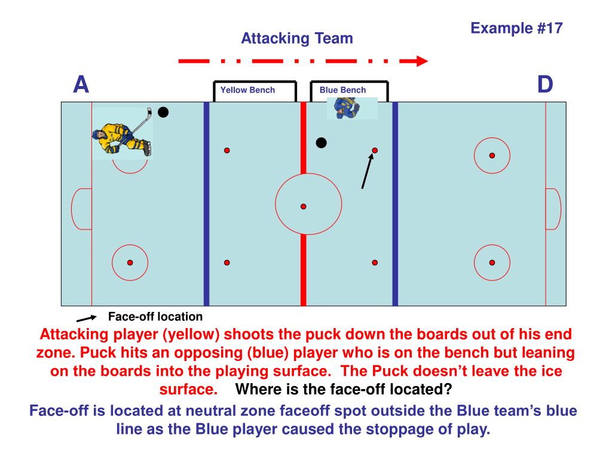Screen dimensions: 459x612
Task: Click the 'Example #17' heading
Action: (x=516, y=28)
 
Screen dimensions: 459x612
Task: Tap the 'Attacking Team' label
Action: (x=297, y=39)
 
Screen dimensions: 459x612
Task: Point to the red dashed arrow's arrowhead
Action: (x=422, y=61)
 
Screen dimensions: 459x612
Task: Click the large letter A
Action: (x=81, y=85)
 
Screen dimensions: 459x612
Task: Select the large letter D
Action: (x=544, y=85)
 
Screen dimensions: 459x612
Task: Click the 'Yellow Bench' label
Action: (x=247, y=90)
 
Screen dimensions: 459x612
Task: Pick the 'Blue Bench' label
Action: (x=342, y=90)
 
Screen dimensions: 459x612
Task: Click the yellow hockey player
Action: (x=121, y=137)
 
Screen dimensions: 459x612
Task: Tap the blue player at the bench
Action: (x=347, y=108)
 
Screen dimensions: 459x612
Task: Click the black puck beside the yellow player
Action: (x=163, y=112)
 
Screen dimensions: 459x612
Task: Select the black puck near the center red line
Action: (x=322, y=143)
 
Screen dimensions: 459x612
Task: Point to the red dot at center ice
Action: (x=303, y=206)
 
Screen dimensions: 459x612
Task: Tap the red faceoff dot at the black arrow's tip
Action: (x=375, y=150)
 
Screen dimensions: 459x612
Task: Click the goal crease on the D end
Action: (x=553, y=209)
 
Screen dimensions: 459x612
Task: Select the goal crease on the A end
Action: (x=82, y=209)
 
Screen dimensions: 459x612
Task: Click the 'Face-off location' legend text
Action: (x=155, y=317)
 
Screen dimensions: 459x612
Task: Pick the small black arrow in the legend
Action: (x=86, y=319)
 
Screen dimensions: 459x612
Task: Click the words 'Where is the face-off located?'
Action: (x=344, y=390)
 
